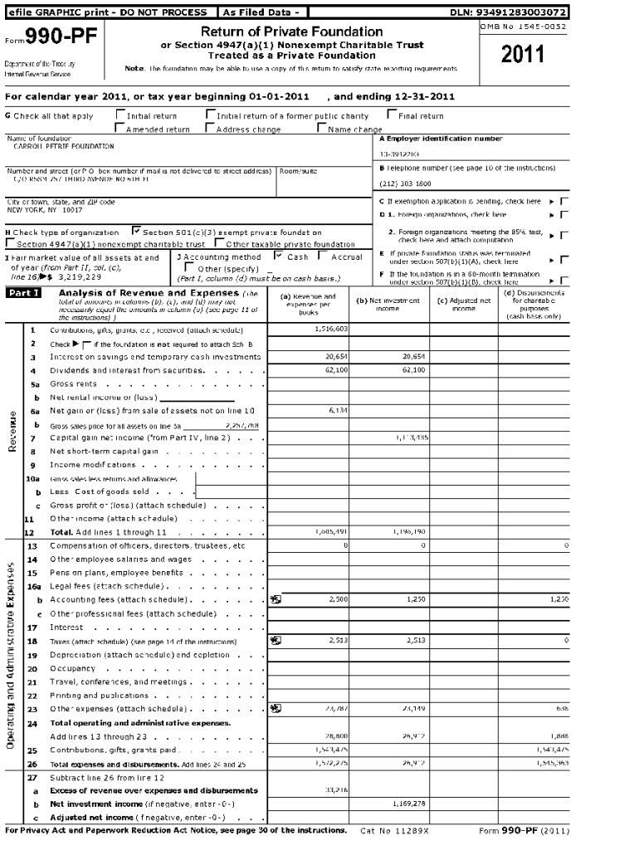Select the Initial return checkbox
(120, 116)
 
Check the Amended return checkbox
(120, 129)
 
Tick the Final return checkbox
(391, 116)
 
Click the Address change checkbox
(209, 129)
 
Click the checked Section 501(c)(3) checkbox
(136, 232)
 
